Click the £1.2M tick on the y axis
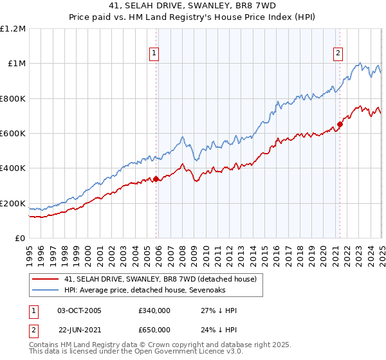pyautogui.click(x=13, y=28)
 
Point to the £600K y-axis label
pyautogui.click(x=13, y=134)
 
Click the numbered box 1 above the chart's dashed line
pyautogui.click(x=154, y=54)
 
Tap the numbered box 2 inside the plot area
pyautogui.click(x=338, y=54)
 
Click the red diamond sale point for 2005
pyautogui.click(x=156, y=179)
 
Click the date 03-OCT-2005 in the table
pyautogui.click(x=79, y=311)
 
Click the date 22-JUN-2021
pyautogui.click(x=79, y=328)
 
